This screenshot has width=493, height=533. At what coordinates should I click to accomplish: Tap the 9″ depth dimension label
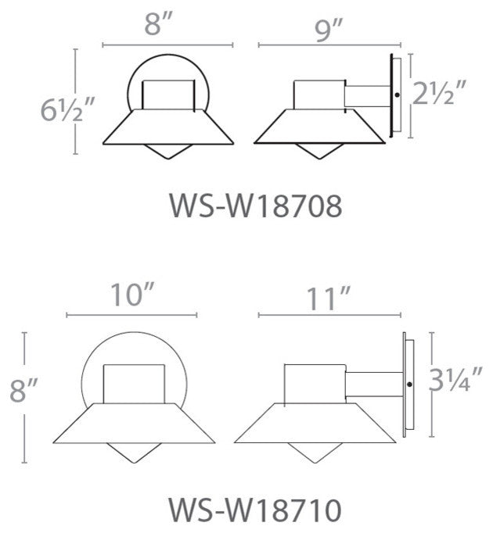coord(329,30)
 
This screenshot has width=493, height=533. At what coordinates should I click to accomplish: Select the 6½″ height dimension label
coord(66,109)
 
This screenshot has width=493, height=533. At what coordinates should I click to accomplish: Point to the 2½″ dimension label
coord(439,92)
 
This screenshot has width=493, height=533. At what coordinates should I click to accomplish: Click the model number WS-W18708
coord(256,206)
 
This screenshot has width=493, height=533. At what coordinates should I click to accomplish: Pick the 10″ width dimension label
coord(132,295)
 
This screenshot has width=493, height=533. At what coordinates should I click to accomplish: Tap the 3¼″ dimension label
coord(455,379)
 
